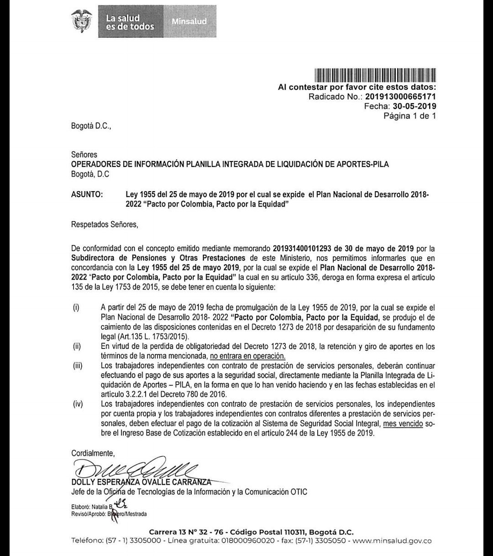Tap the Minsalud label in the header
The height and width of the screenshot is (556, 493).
pyautogui.click(x=189, y=21)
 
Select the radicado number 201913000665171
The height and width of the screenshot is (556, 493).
pyautogui.click(x=400, y=96)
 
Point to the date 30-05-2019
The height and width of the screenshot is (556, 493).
pyautogui.click(x=414, y=106)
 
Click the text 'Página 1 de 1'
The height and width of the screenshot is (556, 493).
pyautogui.click(x=410, y=116)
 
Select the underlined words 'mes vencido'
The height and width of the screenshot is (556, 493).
pyautogui.click(x=402, y=424)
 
